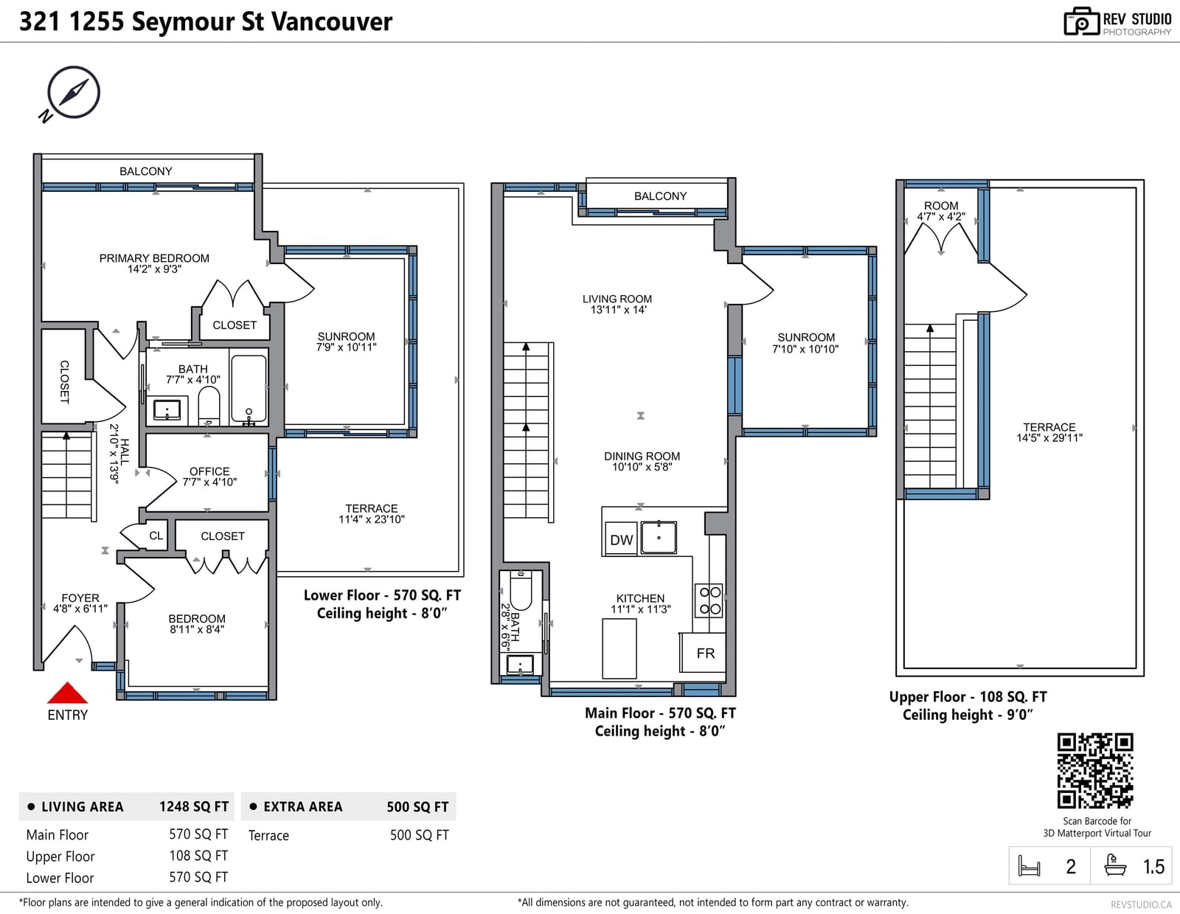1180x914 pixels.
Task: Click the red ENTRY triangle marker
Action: point(67,693)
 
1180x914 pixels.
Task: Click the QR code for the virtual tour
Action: point(1094,771)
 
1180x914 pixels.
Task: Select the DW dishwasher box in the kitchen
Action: point(621,539)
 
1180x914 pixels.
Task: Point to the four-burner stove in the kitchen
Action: point(709,600)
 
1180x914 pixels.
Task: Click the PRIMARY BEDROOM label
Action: point(154,258)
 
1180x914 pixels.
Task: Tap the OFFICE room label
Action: point(209,471)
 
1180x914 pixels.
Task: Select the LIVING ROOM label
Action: point(617,299)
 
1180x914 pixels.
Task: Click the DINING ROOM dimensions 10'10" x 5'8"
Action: point(642,467)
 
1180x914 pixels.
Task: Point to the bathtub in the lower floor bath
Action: point(249,389)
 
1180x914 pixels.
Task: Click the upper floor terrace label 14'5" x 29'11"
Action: point(1049,437)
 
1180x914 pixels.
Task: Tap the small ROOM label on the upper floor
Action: point(941,206)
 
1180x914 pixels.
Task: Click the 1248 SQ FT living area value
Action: point(194,806)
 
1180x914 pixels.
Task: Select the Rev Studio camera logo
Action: point(1081,21)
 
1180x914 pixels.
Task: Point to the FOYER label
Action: point(80,598)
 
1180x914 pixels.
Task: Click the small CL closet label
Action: point(156,536)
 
